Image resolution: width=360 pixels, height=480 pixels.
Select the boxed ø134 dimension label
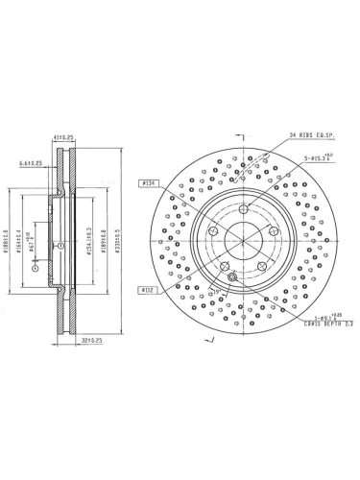149,180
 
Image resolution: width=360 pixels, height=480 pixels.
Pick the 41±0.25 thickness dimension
65,137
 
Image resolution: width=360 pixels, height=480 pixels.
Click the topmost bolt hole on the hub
244,209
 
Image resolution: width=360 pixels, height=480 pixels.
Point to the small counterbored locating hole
232,277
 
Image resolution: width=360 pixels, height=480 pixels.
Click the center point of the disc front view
244,240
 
